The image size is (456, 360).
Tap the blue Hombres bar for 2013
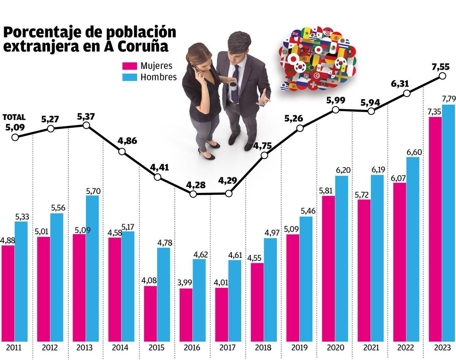(92, 268)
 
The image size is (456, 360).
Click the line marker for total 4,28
(193, 194)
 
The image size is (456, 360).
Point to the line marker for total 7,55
(442, 76)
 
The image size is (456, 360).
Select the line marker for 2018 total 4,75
(264, 155)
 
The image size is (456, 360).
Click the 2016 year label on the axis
(192, 347)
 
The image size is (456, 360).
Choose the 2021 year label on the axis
(371, 347)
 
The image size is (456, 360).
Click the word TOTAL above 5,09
(14, 117)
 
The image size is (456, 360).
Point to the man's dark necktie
(236, 84)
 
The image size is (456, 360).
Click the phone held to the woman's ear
(196, 68)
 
